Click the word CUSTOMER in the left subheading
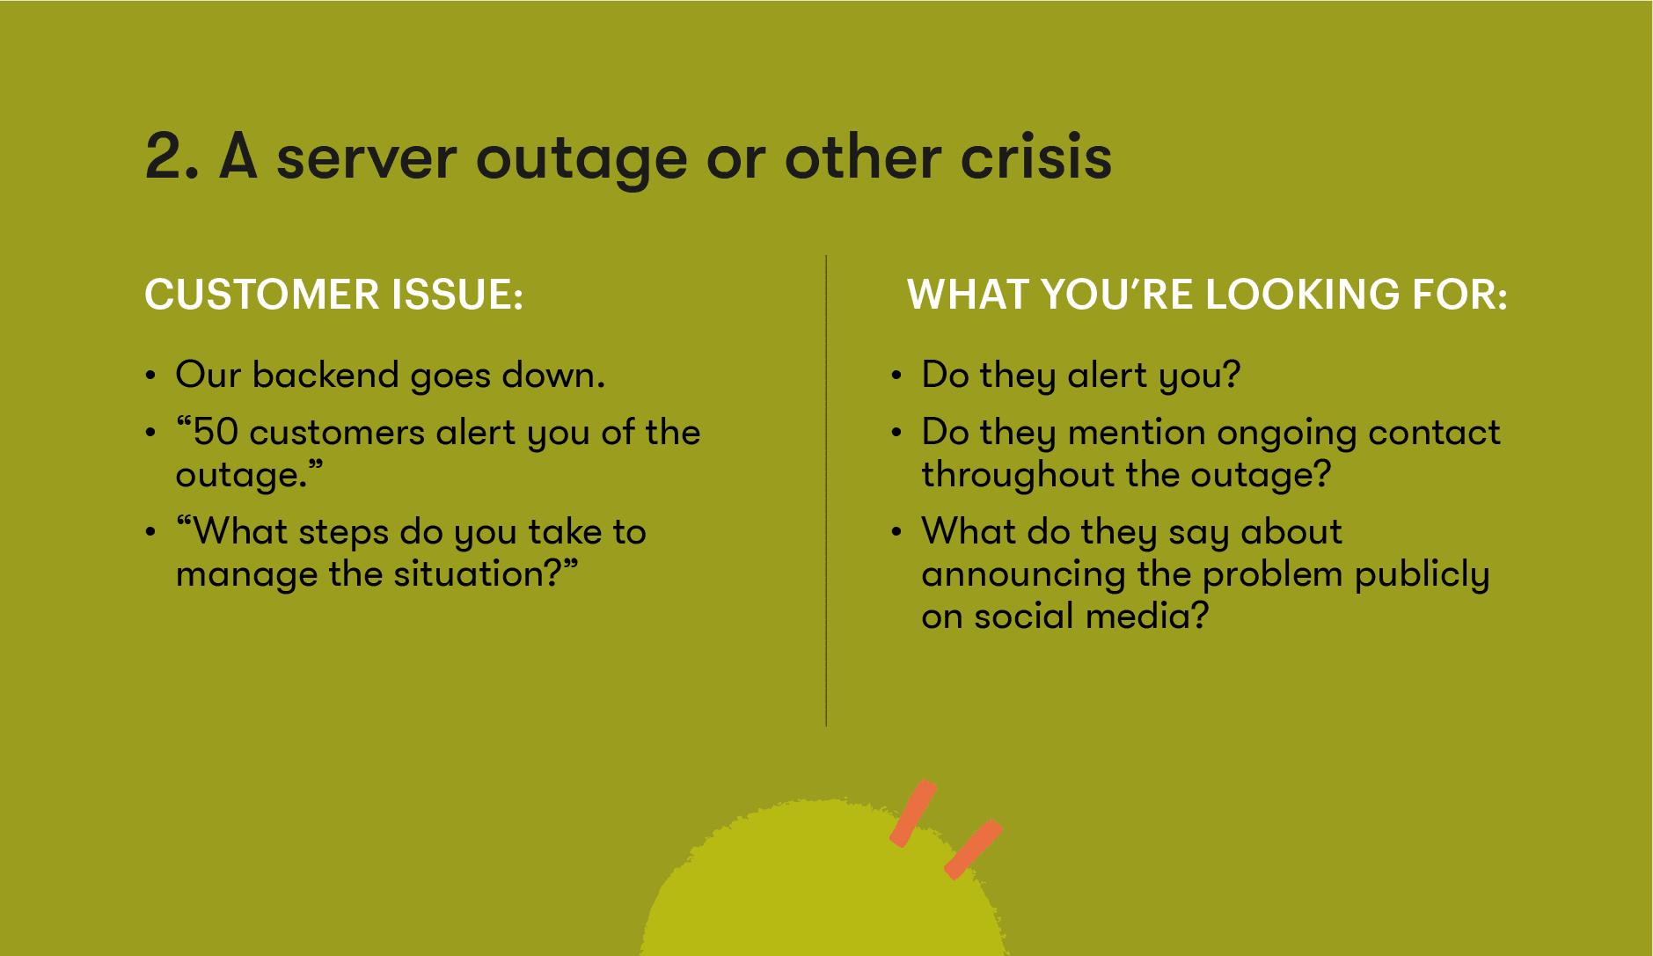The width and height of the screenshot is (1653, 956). coord(261,295)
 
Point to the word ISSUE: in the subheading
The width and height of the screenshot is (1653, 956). coord(457,295)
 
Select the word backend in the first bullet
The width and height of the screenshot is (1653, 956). coord(325,376)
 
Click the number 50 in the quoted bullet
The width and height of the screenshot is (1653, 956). coord(216,433)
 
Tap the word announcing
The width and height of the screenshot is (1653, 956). coord(1023,576)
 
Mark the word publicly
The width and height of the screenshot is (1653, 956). coord(1422,576)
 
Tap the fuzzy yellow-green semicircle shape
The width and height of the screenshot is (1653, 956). coord(823,888)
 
